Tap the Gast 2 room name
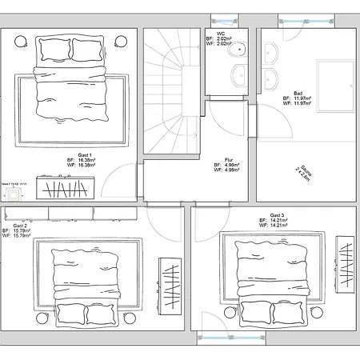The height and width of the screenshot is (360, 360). coord(20,226)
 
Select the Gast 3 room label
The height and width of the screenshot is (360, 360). coord(278,216)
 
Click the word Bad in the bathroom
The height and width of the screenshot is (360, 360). coord(298,92)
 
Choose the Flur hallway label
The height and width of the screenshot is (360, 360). coord(228,158)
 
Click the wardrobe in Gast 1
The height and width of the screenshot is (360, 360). coord(68,188)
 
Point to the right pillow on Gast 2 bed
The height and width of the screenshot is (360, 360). coord(100,316)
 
